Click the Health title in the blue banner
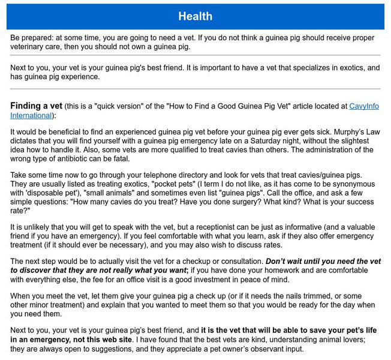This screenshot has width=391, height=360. tap(195, 16)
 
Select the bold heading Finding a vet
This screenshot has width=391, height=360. tap(35, 106)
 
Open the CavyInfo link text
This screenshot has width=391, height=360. tap(365, 106)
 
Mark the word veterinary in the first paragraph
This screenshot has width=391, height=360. tap(29, 46)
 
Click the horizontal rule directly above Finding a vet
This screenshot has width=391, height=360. tap(195, 89)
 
